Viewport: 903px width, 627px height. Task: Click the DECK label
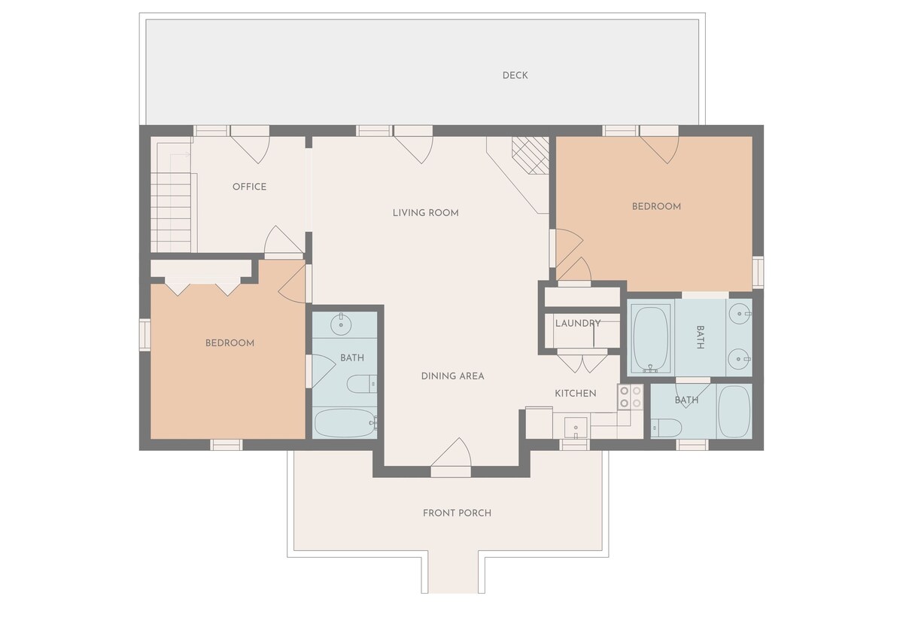515,75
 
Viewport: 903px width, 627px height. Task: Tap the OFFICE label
250,187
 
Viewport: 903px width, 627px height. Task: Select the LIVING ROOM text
426,213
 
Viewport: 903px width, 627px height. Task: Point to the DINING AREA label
453,376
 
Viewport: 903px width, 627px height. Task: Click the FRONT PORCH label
458,513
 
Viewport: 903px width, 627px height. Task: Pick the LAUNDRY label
578,324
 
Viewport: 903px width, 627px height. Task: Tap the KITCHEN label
575,394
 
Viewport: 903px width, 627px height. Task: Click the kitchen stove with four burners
631,397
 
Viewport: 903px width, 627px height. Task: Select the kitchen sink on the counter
576,428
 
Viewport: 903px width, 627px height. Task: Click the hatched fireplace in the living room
531,155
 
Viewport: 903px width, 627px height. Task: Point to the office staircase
174,202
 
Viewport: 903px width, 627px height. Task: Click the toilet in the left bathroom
362,384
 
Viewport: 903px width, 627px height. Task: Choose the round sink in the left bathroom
341,324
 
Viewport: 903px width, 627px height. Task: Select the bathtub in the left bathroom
345,422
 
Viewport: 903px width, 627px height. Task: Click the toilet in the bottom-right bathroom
667,428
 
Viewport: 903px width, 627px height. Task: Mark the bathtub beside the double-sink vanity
650,338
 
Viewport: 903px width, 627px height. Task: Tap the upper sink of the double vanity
740,313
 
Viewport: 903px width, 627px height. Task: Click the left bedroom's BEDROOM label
230,343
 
